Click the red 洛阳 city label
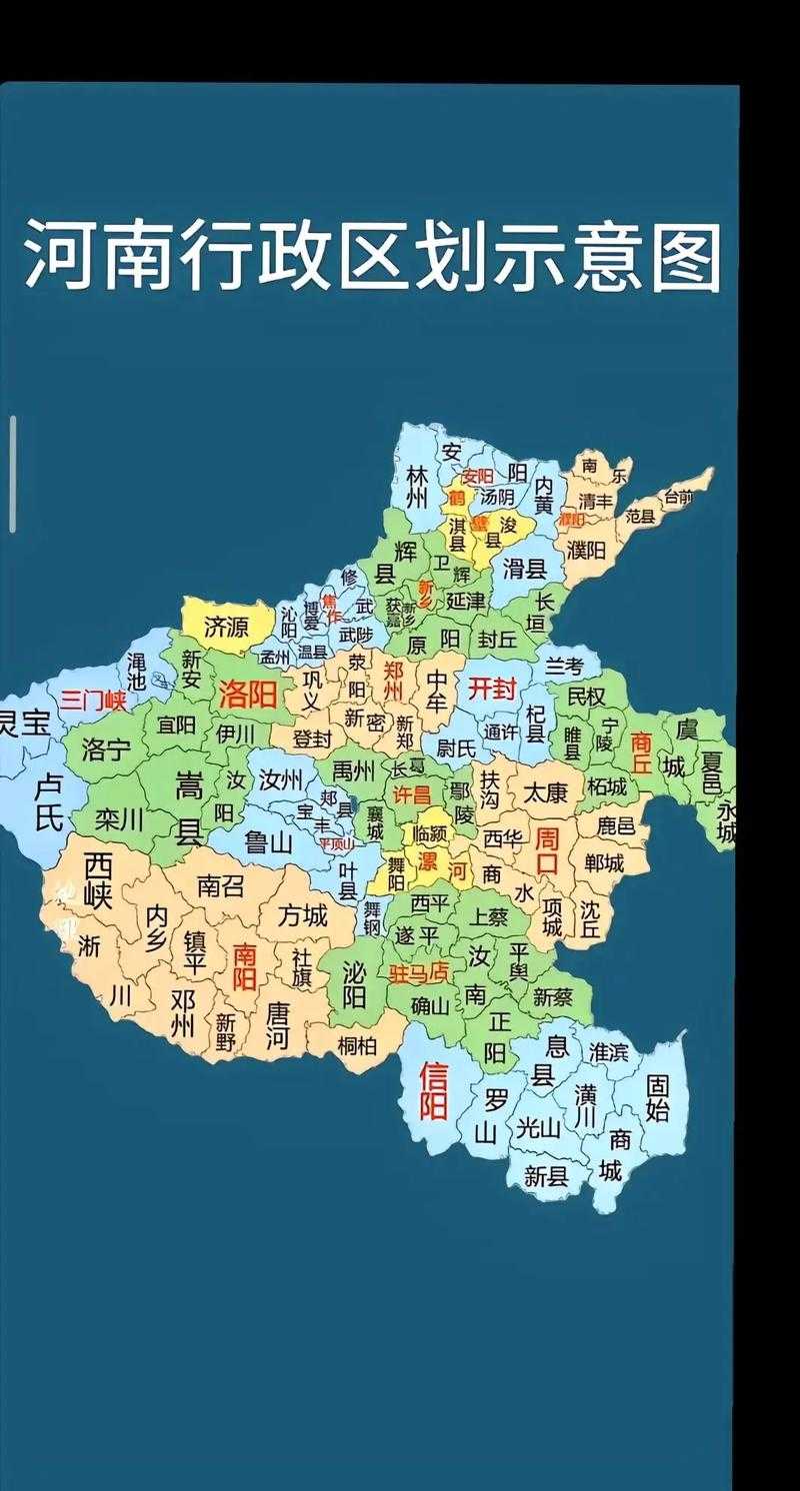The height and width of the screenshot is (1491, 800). tap(247, 695)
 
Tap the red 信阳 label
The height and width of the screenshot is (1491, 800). tap(433, 1091)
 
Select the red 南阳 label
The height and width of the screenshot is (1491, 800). tap(245, 966)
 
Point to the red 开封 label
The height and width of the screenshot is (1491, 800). tap(491, 688)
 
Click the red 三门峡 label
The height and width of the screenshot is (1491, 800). tap(93, 700)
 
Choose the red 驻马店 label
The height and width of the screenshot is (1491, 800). tap(419, 971)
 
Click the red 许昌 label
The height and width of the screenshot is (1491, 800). tap(410, 795)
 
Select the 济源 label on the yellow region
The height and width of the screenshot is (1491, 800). tap(226, 628)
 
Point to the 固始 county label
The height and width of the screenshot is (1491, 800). tap(657, 1097)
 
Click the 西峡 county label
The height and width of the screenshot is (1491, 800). tap(98, 879)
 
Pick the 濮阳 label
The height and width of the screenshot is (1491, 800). tap(586, 550)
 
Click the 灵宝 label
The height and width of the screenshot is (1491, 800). tap(22, 723)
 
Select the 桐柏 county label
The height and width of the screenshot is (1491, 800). tap(357, 1045)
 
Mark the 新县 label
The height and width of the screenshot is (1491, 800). tap(546, 1176)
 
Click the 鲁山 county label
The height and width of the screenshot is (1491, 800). tap(269, 842)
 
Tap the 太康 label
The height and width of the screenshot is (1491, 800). tap(545, 793)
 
